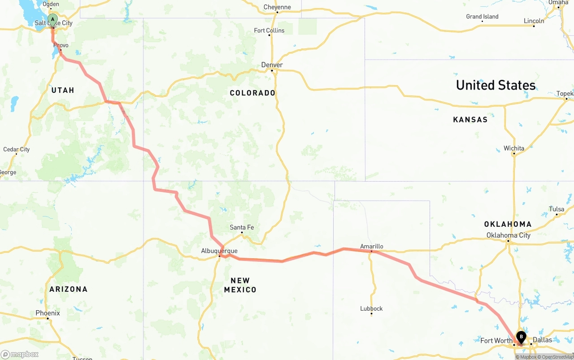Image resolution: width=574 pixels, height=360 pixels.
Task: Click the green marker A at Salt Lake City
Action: pos(52,20)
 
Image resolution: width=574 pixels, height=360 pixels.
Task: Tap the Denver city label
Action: pos(272,65)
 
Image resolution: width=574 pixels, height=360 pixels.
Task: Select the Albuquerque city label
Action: pos(219,251)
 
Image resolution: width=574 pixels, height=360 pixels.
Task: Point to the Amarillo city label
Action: pos(371,246)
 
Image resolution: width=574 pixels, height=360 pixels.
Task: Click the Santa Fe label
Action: pos(242,227)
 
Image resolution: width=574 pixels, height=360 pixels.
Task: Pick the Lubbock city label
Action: pos(371,308)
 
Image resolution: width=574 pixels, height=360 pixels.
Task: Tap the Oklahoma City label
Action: pos(508,235)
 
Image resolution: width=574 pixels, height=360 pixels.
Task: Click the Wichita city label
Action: pos(513,148)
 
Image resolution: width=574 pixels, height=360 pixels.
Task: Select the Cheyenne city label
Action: pos(277,7)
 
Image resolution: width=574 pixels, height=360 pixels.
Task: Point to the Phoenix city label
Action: pos(48,313)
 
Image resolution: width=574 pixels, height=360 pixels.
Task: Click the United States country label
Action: pos(496,85)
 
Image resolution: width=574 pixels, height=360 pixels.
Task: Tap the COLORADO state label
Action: pos(252,93)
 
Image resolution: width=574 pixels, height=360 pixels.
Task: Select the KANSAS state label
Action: pos(470,120)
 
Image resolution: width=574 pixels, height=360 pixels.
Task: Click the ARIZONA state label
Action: pos(68,289)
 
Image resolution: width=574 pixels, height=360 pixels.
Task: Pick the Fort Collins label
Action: pos(269,30)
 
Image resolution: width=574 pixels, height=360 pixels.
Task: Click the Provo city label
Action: pos(61,45)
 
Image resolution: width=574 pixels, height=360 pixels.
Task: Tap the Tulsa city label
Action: pos(556,209)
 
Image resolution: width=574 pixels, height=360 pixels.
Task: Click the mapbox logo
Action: pos(20,354)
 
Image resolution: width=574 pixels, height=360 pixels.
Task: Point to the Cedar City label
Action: pos(17,149)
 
